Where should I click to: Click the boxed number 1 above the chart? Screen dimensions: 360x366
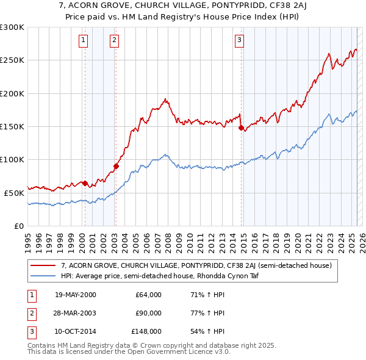pos(83,41)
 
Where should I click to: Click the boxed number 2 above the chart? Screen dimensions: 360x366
pos(114,41)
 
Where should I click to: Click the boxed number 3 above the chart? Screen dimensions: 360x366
pos(240,41)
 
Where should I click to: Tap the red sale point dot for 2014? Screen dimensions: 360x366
pos(241,128)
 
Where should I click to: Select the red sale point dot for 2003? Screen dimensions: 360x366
pos(116,166)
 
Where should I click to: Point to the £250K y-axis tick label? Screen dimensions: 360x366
pos(12,60)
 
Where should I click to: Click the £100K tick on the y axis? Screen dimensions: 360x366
pos(12,159)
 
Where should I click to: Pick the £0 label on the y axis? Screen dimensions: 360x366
pos(18,225)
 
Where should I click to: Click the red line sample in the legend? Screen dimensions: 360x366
pos(44,265)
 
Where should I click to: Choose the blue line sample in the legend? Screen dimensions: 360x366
pos(44,275)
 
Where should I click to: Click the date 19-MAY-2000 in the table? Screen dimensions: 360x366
pos(76,295)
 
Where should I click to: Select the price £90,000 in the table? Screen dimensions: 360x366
pos(148,313)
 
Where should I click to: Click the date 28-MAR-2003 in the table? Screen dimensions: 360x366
pos(76,313)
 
